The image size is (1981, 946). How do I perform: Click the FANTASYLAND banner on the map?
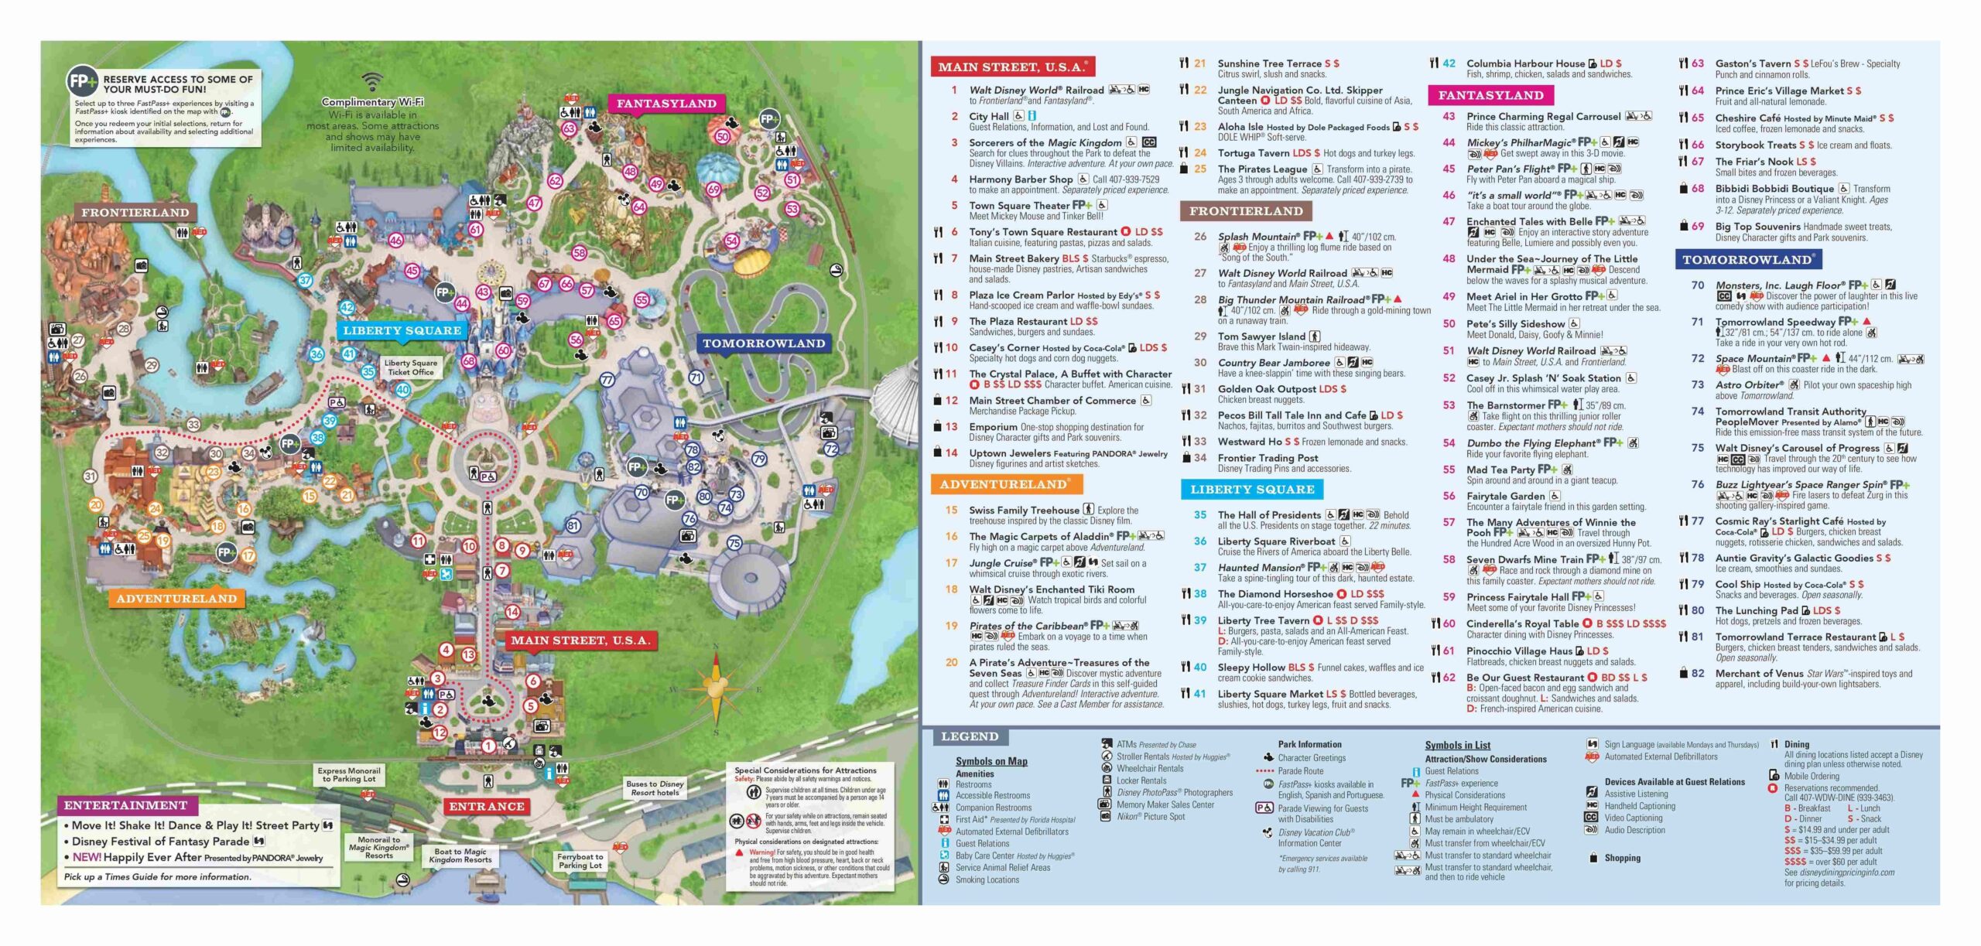point(666,104)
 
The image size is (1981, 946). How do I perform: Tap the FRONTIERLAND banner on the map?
point(135,213)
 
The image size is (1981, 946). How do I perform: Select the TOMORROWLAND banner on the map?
point(763,343)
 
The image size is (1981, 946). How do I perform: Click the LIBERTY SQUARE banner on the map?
point(402,331)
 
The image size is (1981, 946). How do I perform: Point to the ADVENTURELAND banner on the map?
point(176,599)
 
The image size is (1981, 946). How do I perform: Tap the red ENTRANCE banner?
point(487,806)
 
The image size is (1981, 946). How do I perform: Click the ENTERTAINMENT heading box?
point(125,805)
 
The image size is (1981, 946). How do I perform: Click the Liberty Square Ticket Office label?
point(411,367)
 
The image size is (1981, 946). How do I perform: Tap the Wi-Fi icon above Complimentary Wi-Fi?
point(372,81)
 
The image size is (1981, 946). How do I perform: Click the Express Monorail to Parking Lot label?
point(349,774)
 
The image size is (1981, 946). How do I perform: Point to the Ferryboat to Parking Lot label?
point(580,861)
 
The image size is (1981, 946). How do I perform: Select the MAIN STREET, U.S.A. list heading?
point(1012,67)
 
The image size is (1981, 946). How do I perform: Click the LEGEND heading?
point(970,736)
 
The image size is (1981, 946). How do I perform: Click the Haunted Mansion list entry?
point(1260,568)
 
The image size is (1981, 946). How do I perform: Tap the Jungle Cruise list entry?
point(1002,562)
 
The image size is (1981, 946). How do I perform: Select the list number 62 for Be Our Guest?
point(1449,677)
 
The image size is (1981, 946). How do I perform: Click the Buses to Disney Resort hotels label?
point(655,788)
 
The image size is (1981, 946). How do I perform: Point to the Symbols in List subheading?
point(1457,745)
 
